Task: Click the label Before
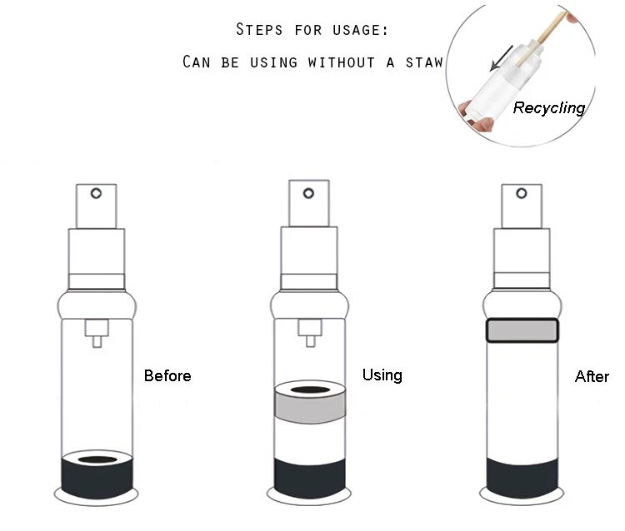tap(167, 375)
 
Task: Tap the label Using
tap(382, 375)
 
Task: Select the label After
tap(592, 376)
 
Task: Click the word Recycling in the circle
tap(549, 108)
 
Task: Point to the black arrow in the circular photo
tap(502, 58)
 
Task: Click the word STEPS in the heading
tap(259, 29)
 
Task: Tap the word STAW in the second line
tap(424, 62)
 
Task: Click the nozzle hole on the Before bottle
tap(96, 193)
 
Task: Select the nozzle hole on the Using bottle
tap(308, 193)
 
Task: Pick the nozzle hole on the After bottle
tap(522, 193)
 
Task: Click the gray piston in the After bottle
tap(522, 330)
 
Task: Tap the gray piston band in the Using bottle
tap(310, 407)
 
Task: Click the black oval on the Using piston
tap(310, 390)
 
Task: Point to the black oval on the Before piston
tap(97, 459)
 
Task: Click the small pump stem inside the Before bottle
tap(97, 333)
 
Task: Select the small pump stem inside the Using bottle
tap(310, 332)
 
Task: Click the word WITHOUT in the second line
tap(341, 62)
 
